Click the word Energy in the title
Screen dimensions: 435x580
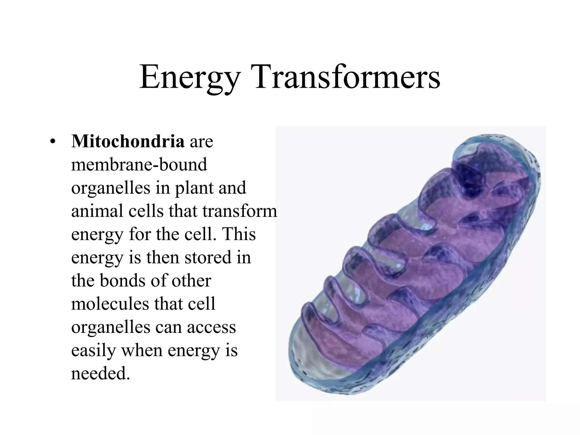190,77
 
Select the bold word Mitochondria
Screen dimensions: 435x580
128,141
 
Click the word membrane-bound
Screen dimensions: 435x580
139,165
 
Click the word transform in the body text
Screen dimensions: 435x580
240,211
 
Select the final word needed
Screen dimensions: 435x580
100,374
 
